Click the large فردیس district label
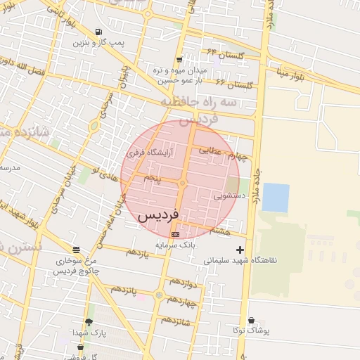(x=159, y=214)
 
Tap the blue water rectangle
(x=276, y=198)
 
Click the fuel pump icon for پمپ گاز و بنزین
(x=98, y=32)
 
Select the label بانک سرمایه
(x=174, y=245)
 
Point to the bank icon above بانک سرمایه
(x=175, y=234)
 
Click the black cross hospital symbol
(x=240, y=250)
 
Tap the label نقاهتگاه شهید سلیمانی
(x=240, y=260)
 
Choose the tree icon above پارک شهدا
(x=88, y=322)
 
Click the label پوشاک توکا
(x=252, y=330)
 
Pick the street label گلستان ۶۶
(x=234, y=84)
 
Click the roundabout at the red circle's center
(x=181, y=184)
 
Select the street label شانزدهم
(x=176, y=320)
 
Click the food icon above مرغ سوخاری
(x=76, y=250)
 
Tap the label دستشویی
(x=230, y=196)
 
